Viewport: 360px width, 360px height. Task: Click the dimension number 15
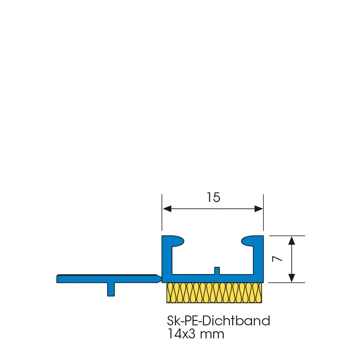(x=213, y=198)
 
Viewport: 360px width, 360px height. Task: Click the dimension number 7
(x=277, y=259)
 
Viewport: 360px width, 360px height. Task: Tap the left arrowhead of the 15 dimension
(x=167, y=209)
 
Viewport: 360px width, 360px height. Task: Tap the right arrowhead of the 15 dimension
(x=258, y=209)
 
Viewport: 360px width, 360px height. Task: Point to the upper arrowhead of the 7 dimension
(x=292, y=240)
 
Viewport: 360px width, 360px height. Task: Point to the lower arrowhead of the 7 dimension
(x=292, y=278)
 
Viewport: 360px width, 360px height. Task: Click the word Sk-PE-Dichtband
(x=219, y=321)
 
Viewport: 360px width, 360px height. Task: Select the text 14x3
(x=182, y=334)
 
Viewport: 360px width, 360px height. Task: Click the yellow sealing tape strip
(x=214, y=293)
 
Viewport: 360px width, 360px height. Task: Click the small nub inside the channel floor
(x=217, y=271)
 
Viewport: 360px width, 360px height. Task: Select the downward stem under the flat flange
(x=111, y=289)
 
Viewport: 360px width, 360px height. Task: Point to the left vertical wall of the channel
(x=167, y=258)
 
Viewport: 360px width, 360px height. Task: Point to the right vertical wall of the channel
(x=258, y=258)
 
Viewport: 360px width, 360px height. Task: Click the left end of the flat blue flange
(x=57, y=279)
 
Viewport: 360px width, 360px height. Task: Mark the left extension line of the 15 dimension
(x=162, y=212)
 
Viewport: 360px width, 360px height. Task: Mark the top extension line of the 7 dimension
(x=287, y=236)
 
